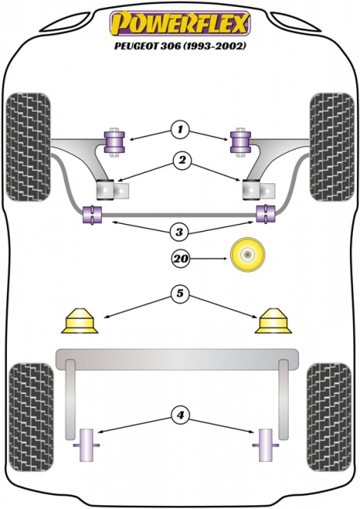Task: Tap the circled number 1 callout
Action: (x=181, y=128)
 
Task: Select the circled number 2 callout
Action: (x=181, y=162)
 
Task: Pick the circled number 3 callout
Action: (x=181, y=231)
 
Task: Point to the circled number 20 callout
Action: (x=181, y=257)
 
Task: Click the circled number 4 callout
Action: (x=181, y=414)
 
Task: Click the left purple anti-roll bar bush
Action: (x=92, y=213)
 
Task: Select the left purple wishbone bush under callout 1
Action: (x=116, y=141)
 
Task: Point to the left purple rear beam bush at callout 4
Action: (x=88, y=446)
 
